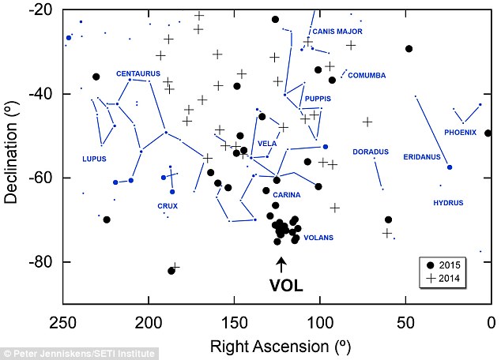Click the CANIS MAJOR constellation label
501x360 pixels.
click(x=337, y=32)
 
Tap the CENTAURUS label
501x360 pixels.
click(x=138, y=73)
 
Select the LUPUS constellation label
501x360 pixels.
click(x=94, y=159)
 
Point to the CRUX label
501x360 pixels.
click(x=168, y=206)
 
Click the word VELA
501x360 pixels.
click(x=267, y=144)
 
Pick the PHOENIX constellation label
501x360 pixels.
click(x=460, y=132)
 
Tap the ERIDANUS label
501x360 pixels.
click(x=422, y=156)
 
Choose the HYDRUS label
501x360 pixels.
click(x=448, y=203)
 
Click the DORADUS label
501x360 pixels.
click(x=371, y=152)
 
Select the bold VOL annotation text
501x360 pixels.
click(x=286, y=286)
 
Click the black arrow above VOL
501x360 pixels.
click(x=281, y=265)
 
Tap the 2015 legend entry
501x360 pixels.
click(x=444, y=265)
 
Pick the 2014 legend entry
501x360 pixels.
click(x=443, y=279)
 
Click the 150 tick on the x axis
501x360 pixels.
click(x=234, y=323)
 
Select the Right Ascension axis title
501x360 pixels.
click(x=281, y=346)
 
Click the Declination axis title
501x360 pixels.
click(x=11, y=152)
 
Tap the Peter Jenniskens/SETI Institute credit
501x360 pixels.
click(x=79, y=354)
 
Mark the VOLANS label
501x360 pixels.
click(x=318, y=238)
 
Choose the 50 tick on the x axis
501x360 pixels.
click(x=405, y=323)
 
